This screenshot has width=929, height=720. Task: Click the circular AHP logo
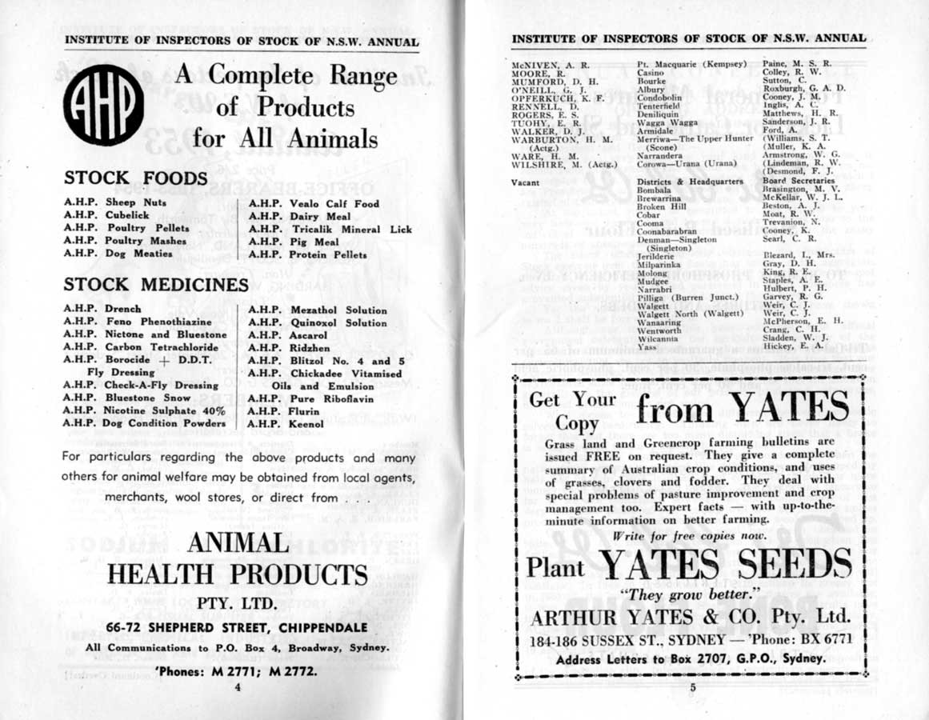[104, 106]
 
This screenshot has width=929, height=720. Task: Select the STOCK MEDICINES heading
[156, 285]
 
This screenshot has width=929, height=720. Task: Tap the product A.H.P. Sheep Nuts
[115, 203]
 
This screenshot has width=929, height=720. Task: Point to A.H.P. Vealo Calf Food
[314, 204]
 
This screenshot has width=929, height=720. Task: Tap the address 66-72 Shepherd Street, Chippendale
[237, 628]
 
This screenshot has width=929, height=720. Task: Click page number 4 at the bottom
[237, 686]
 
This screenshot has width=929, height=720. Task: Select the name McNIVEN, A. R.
[550, 63]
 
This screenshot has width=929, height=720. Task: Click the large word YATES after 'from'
[789, 408]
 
